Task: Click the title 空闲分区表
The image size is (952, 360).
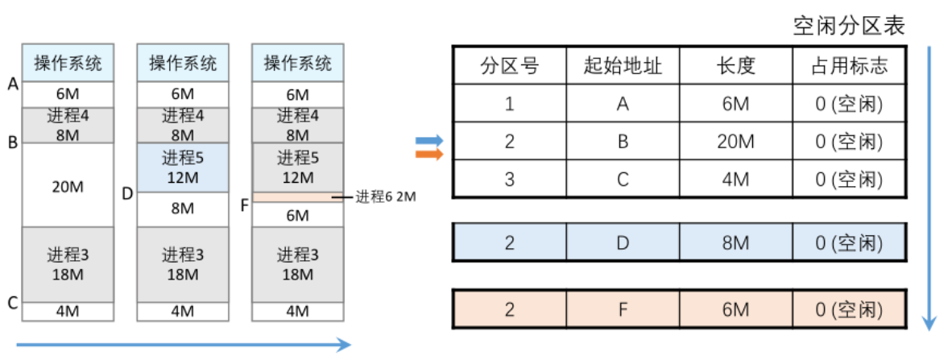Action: coord(849,27)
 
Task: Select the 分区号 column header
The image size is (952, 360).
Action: coord(509,66)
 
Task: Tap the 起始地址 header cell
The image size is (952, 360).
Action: coord(623,66)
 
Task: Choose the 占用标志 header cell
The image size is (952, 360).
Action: coord(849,66)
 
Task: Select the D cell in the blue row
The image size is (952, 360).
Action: coord(623,242)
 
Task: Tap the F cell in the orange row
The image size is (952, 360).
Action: coord(623,308)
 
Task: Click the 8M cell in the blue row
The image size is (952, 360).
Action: coord(735,242)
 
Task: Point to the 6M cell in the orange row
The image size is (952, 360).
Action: coord(735,308)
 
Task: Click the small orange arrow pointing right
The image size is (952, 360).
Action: coord(429,154)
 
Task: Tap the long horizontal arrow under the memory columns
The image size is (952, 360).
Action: coord(184,346)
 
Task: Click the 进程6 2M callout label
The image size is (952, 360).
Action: coord(386,196)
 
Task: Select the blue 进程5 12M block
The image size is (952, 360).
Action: coord(183,168)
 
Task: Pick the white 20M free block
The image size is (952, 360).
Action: coord(68,186)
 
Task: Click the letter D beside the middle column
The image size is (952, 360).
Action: coord(127,193)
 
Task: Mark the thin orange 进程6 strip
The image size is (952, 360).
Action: coord(298,197)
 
